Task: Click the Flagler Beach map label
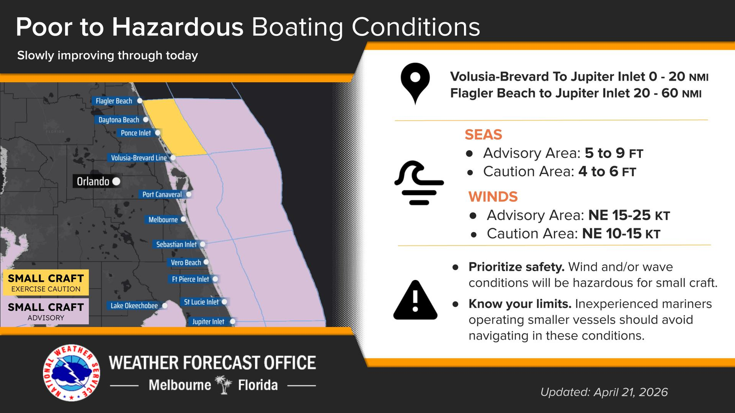[114, 101]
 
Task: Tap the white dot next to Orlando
[116, 181]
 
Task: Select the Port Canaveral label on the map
[162, 195]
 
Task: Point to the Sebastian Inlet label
[176, 244]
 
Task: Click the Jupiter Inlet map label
[208, 322]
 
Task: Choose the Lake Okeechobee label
[134, 306]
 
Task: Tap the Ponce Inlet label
[136, 133]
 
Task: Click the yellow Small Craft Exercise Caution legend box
[46, 283]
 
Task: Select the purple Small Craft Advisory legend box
[46, 312]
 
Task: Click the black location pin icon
[415, 82]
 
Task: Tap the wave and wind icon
[419, 183]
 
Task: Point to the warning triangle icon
[415, 300]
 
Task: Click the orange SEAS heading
[483, 134]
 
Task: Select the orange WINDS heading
[493, 197]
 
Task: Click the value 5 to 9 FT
[614, 153]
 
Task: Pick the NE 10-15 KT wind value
[621, 234]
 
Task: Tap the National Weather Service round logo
[72, 373]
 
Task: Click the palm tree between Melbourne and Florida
[224, 385]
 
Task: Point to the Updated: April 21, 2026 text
[604, 392]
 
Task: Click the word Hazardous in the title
[177, 27]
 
